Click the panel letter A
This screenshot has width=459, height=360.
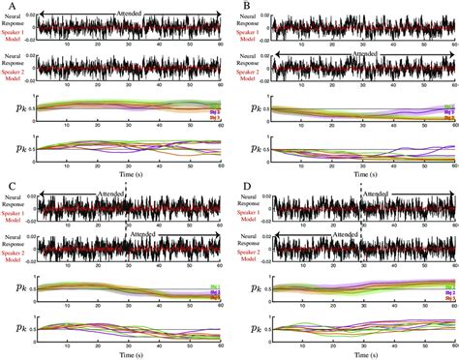coord(10,7)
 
